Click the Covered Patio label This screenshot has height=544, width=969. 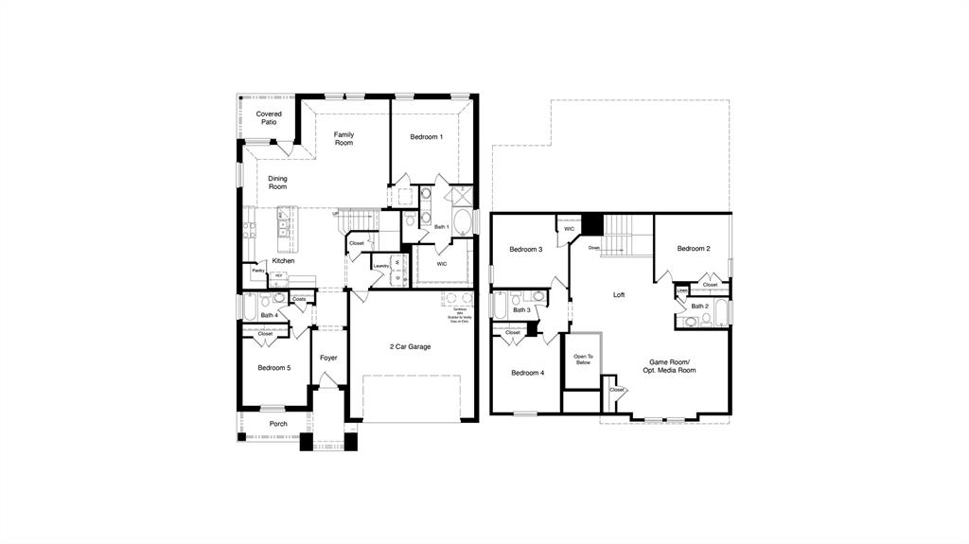coord(269,118)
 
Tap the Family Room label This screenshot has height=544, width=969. coord(344,138)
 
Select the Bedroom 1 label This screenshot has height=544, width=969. coord(426,137)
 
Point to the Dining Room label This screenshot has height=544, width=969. coord(277,183)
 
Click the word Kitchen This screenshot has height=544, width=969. coord(283,261)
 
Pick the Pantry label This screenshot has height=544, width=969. coord(257,271)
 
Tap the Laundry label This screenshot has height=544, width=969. coord(380,266)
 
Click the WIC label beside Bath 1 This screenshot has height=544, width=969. coord(442,264)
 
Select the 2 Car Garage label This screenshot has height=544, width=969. coord(410,347)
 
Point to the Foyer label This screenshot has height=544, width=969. coord(328,358)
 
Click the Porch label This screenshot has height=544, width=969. coord(278,424)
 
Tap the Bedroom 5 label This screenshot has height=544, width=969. coord(273,367)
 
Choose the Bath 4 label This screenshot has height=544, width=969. coord(269,315)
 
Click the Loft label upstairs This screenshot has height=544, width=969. coord(619,295)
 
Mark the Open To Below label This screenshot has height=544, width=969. coord(583,360)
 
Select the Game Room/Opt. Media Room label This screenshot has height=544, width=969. coord(672,366)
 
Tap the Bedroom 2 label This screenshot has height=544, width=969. coord(694,249)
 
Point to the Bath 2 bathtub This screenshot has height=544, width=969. coord(722,312)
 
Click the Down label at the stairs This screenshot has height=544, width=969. coord(593,248)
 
